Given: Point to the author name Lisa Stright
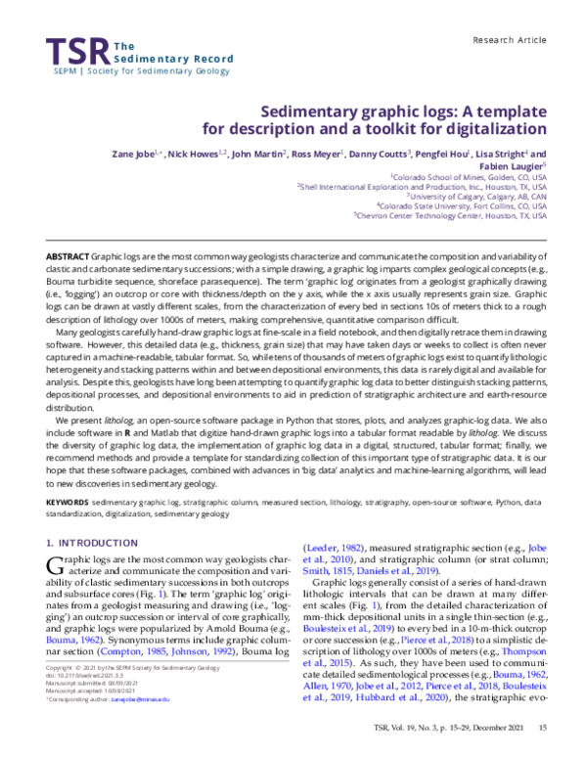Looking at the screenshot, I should pyautogui.click(x=492, y=155).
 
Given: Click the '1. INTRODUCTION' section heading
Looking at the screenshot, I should pyautogui.click(x=92, y=542).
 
